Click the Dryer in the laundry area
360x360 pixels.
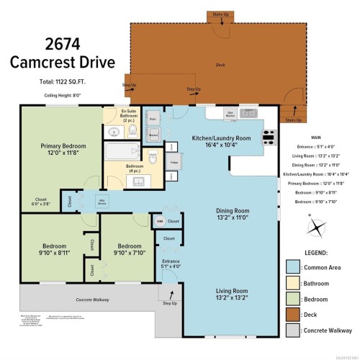coord(153,117)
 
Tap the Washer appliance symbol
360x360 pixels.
coord(153,134)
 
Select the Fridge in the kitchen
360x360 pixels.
coord(174,163)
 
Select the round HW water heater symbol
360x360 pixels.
coord(159,221)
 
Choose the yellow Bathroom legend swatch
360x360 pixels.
coord(292,284)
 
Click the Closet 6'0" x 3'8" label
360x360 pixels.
coord(42,201)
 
